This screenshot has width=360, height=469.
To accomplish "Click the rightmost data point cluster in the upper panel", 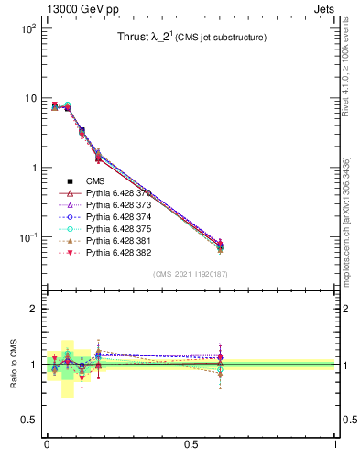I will click(x=219, y=245).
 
